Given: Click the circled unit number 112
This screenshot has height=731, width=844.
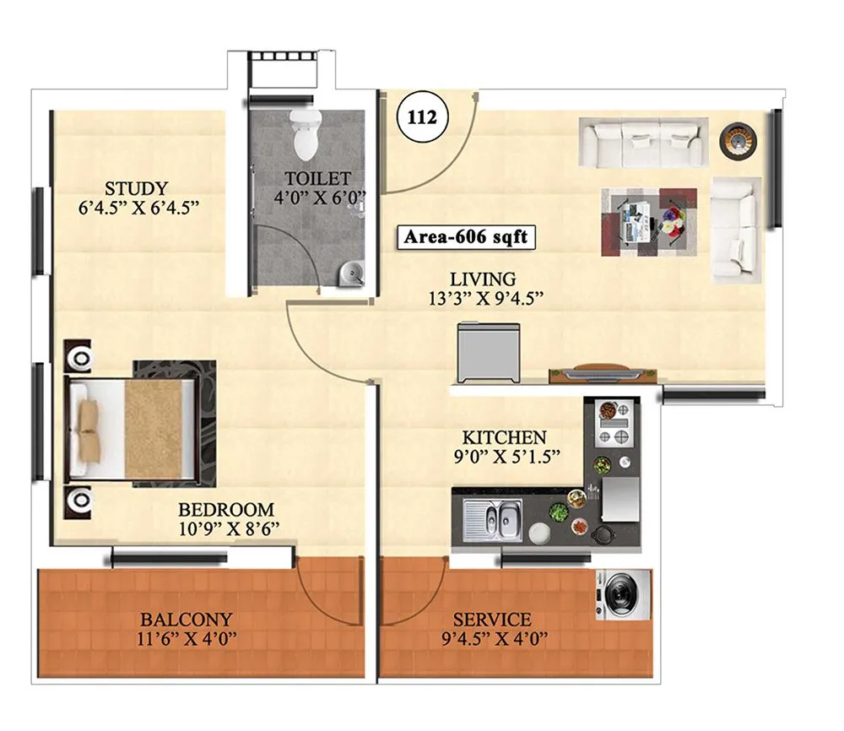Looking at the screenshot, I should pos(422,117).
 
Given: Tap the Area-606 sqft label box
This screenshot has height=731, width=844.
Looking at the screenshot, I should pos(466,237).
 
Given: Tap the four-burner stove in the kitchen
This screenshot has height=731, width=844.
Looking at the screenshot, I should pos(614,425).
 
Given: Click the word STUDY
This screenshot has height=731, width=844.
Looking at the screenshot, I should pos(136,188).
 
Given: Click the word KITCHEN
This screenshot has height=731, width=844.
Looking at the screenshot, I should pos(504,438).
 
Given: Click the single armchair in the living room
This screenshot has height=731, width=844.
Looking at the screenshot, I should pos(733,229).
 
